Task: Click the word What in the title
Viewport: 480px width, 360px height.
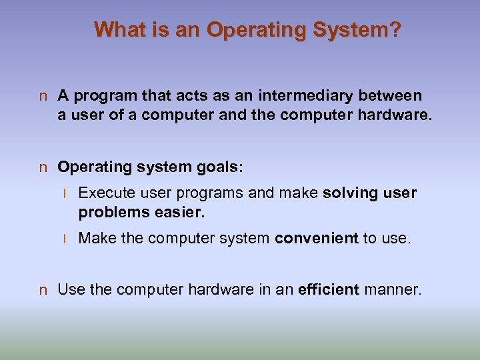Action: point(117,30)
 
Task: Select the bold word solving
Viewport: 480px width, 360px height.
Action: point(348,193)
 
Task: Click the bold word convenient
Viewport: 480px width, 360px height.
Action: point(316,239)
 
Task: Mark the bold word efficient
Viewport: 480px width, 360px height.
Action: point(329,289)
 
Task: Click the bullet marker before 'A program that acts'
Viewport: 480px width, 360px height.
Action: point(43,97)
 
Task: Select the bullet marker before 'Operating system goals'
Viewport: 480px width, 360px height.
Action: point(43,167)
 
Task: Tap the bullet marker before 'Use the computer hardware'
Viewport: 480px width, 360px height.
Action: point(43,290)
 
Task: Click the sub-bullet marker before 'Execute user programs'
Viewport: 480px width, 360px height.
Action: point(65,194)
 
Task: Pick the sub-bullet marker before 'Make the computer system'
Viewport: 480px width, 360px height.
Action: point(65,239)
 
